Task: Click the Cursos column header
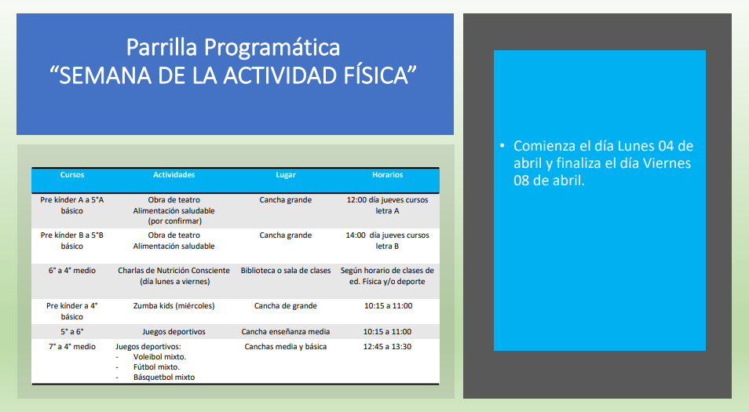coord(72,175)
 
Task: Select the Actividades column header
coord(174,175)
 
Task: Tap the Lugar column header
coord(286,175)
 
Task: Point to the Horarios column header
coord(387,175)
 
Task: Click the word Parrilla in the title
coord(162,47)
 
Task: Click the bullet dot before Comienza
coord(502,145)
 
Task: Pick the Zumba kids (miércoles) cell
coord(174,305)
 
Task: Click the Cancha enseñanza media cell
coord(286,331)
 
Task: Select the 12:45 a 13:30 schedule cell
coord(387,347)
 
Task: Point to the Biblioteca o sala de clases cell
coord(286,270)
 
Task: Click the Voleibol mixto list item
coord(159,356)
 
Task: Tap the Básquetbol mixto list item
coord(164,377)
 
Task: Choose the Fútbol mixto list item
coord(156,366)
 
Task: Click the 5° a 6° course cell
coord(72,331)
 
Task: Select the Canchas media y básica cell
coord(286,347)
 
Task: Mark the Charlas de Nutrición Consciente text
coord(174,270)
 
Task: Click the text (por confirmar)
coord(174,221)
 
